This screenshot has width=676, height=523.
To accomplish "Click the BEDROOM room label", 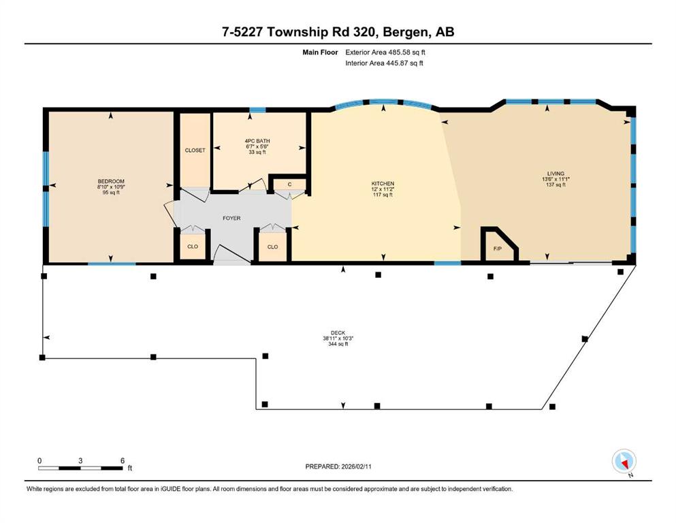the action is (x=111, y=182).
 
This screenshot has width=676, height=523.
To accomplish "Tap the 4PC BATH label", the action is (x=257, y=141).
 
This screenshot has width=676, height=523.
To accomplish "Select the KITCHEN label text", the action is (x=383, y=184).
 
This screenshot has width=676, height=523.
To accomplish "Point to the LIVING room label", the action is (x=556, y=174).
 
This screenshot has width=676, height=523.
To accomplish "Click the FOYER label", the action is (x=231, y=218).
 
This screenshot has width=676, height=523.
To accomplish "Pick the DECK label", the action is (x=338, y=333).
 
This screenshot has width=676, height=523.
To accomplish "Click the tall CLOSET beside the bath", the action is (x=195, y=150).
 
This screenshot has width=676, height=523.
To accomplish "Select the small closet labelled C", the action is (x=290, y=184).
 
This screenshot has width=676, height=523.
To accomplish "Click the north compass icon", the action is (x=624, y=462).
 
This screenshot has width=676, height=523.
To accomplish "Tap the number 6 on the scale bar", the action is (x=123, y=460).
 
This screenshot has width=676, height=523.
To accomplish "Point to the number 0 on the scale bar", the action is (x=39, y=460).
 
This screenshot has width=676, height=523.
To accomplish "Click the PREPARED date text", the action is (x=338, y=466).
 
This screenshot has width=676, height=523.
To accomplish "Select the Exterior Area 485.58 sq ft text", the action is (x=385, y=52).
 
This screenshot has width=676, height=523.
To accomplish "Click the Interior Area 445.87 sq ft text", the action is (x=384, y=63).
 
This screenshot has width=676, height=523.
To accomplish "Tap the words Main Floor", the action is (x=321, y=52).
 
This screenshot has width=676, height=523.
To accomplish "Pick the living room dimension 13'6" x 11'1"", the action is (x=556, y=179).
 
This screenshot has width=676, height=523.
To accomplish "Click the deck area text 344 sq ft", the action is (x=338, y=344).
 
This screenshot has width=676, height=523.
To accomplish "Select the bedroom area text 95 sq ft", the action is (x=111, y=193).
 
